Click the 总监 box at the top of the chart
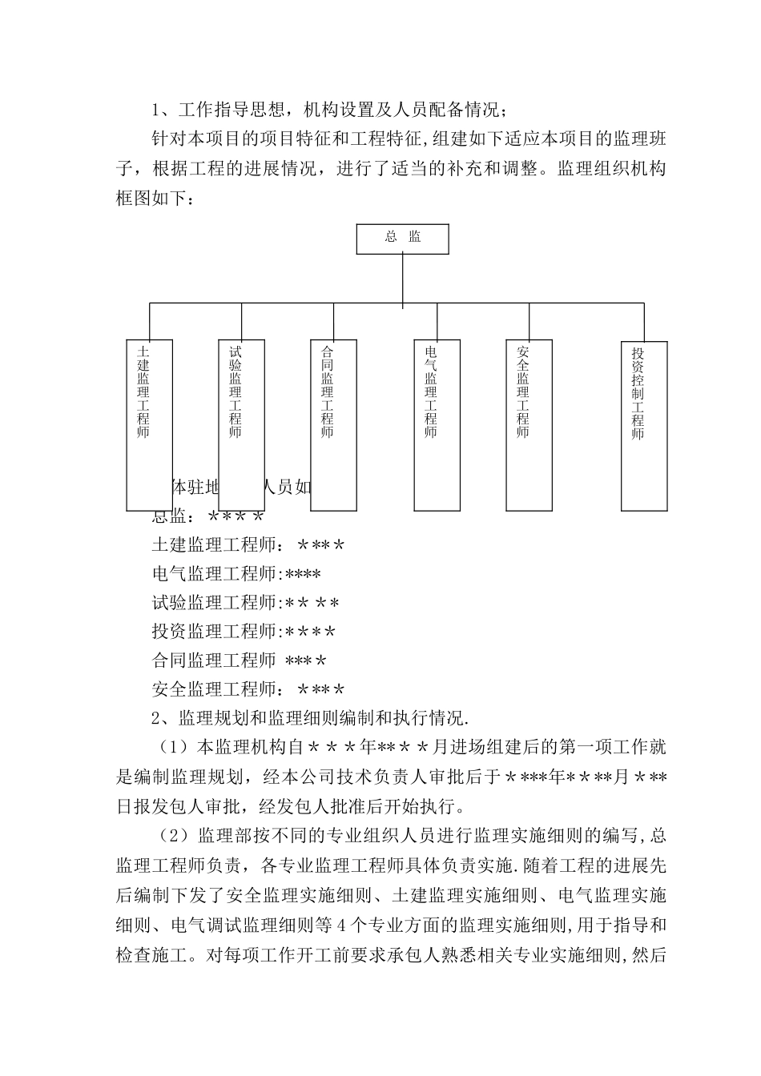pyautogui.click(x=402, y=239)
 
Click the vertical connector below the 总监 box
pyautogui.click(x=402, y=280)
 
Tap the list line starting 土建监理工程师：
pyautogui.click(x=248, y=545)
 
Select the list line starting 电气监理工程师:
pyautogui.click(x=236, y=574)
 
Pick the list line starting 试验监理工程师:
pyautogui.click(x=245, y=603)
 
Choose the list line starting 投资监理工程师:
pyautogui.click(x=244, y=632)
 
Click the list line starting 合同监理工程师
pyautogui.click(x=239, y=660)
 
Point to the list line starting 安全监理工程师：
pyautogui.click(x=248, y=689)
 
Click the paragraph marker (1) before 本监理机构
pyautogui.click(x=172, y=748)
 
